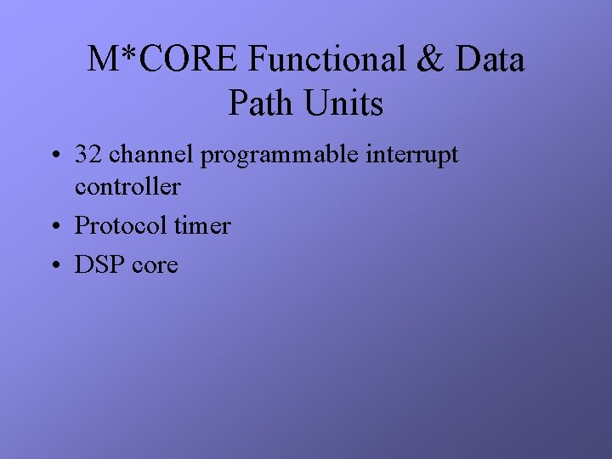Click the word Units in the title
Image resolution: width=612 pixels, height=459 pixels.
[345, 104]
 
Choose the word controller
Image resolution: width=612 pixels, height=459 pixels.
[127, 186]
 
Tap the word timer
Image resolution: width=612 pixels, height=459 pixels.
[202, 225]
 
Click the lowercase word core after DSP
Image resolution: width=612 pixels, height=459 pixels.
[155, 265]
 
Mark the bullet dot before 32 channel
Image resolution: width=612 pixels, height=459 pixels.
[54, 156]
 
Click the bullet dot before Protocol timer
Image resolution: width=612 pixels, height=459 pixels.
[54, 227]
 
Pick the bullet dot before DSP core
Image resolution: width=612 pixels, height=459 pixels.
[54, 266]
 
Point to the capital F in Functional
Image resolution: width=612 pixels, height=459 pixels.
[258, 60]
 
